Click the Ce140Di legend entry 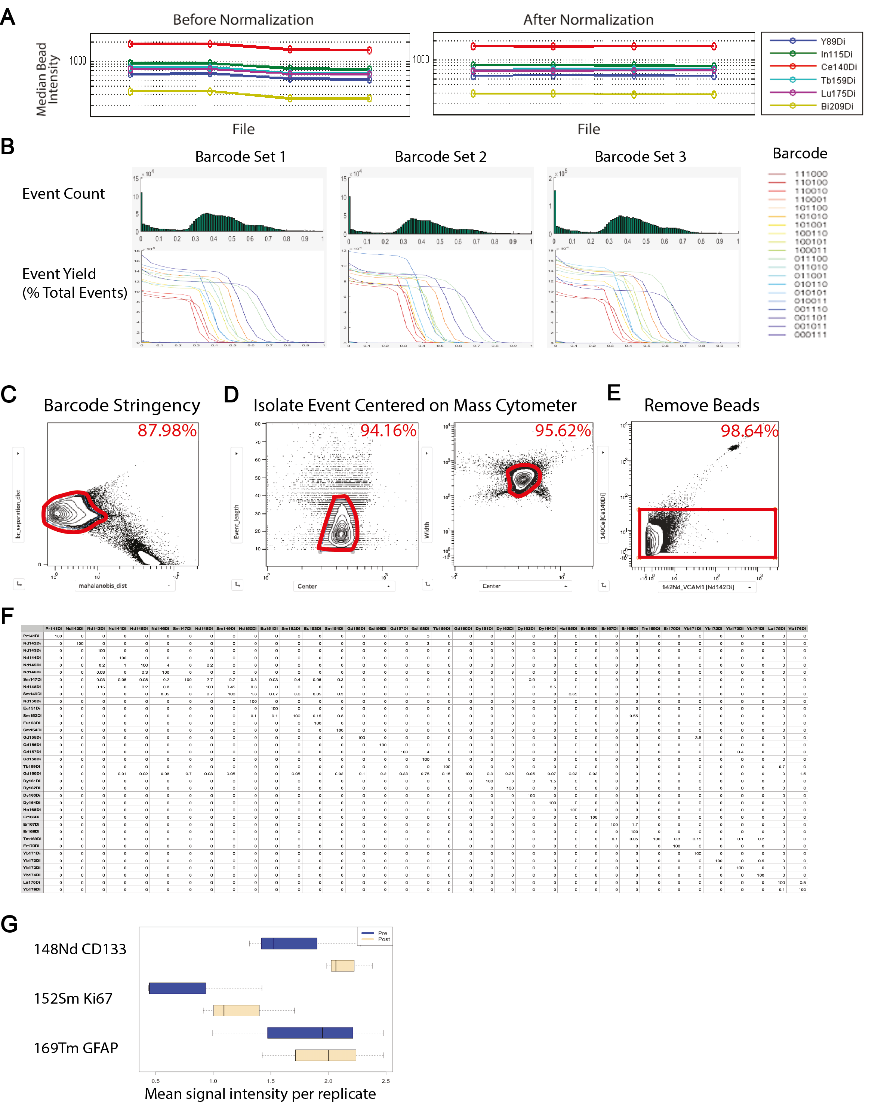pyautogui.click(x=838, y=67)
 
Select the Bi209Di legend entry pyautogui.click(x=837, y=106)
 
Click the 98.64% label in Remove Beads pyautogui.click(x=749, y=431)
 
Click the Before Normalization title pyautogui.click(x=243, y=19)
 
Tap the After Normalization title pyautogui.click(x=588, y=19)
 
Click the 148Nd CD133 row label pyautogui.click(x=80, y=949)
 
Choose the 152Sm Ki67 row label pyautogui.click(x=73, y=999)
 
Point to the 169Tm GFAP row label pyautogui.click(x=76, y=1048)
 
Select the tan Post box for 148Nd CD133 pyautogui.click(x=343, y=966)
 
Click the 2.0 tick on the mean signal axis pyautogui.click(x=328, y=1081)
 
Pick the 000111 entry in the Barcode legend pyautogui.click(x=810, y=334)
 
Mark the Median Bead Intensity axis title pyautogui.click(x=47, y=79)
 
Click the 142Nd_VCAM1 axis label pyautogui.click(x=697, y=587)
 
